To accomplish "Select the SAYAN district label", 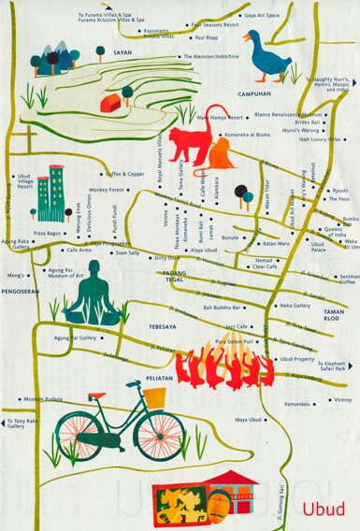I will click(122, 54).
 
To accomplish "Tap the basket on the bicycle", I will click(153, 395).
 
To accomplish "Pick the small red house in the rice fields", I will click(111, 99).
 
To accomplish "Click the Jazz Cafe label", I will click(238, 327).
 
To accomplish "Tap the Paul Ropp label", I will click(206, 38).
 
